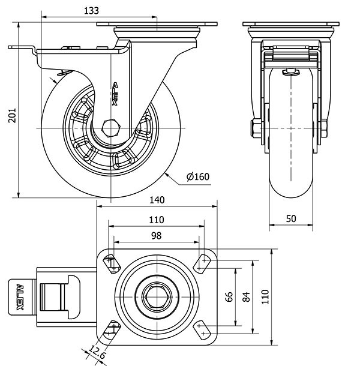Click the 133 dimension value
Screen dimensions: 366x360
click(91, 10)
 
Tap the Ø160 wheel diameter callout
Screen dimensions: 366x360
click(198, 176)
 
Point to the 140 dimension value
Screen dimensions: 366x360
click(157, 200)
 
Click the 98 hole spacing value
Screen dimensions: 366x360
click(156, 236)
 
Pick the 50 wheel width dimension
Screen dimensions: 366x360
click(291, 219)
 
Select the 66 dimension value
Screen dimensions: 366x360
click(229, 297)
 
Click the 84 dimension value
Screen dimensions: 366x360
click(245, 297)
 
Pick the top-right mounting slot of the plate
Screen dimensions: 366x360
click(203, 262)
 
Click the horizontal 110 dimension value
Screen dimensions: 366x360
click(156, 220)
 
